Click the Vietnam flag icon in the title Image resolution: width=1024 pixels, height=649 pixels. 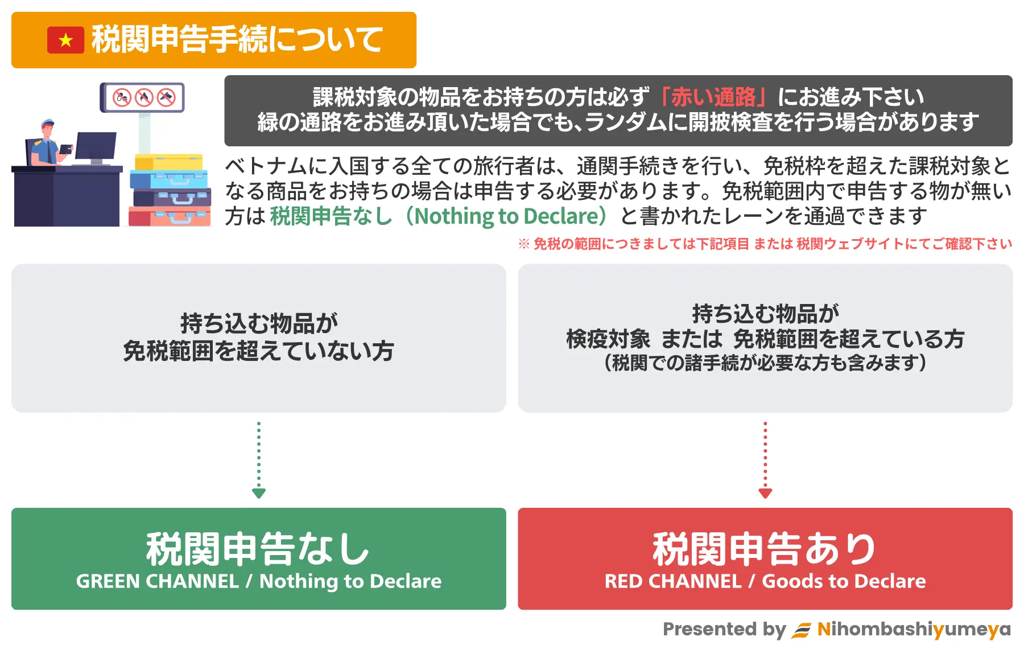65,40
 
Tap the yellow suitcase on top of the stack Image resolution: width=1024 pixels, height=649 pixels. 169,162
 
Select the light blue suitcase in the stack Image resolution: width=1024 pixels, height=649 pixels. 169,179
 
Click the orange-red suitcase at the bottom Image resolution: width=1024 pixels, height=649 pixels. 170,217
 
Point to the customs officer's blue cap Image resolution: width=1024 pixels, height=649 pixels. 48,123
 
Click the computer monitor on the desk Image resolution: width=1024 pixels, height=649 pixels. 96,147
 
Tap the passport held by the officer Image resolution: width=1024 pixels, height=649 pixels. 66,149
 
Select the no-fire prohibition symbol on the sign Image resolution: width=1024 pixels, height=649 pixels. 144,97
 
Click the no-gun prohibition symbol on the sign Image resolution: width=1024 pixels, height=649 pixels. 166,97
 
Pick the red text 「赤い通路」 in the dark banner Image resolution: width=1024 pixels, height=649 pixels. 713,97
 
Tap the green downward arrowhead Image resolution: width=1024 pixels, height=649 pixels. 259,493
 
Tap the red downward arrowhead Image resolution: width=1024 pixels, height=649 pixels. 765,493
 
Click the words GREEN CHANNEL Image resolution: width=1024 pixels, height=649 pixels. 158,581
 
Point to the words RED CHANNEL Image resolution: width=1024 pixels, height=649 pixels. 673,581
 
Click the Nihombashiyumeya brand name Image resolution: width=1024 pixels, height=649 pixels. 914,629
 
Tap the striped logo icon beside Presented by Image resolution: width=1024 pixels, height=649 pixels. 802,630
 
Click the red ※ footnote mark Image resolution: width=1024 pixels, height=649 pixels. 524,244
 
